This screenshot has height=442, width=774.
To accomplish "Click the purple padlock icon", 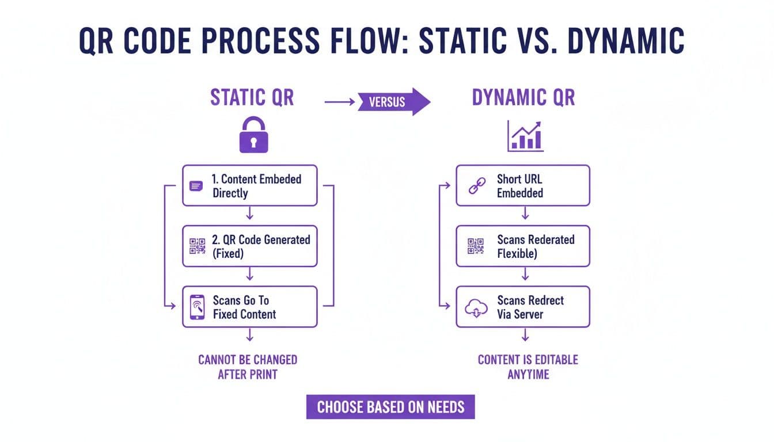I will (x=254, y=135).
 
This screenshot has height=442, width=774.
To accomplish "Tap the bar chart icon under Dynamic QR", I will (x=525, y=136).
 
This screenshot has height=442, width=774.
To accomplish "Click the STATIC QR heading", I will (x=252, y=97).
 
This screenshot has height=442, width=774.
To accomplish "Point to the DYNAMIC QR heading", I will (x=523, y=97).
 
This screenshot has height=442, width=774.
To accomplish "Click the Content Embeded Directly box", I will (x=249, y=185).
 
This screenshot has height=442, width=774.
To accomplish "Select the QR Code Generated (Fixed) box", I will (x=249, y=246).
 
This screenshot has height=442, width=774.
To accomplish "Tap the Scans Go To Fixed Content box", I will (x=249, y=307).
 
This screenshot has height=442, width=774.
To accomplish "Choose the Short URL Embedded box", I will (x=522, y=185).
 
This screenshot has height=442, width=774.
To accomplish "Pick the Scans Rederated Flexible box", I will (x=522, y=246).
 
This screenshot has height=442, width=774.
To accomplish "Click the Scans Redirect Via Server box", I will (x=522, y=307).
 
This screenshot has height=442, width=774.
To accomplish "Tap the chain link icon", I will (x=476, y=186).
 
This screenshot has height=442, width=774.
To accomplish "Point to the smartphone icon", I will (x=197, y=307).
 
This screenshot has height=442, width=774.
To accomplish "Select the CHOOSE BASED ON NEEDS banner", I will (x=390, y=407).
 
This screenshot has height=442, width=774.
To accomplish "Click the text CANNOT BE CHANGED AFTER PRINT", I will (x=248, y=367).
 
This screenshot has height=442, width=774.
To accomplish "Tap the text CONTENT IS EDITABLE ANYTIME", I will (x=528, y=367).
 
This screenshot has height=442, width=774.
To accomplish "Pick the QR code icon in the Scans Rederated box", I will (x=476, y=246).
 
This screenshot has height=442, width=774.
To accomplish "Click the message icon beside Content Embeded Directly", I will (x=196, y=186).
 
